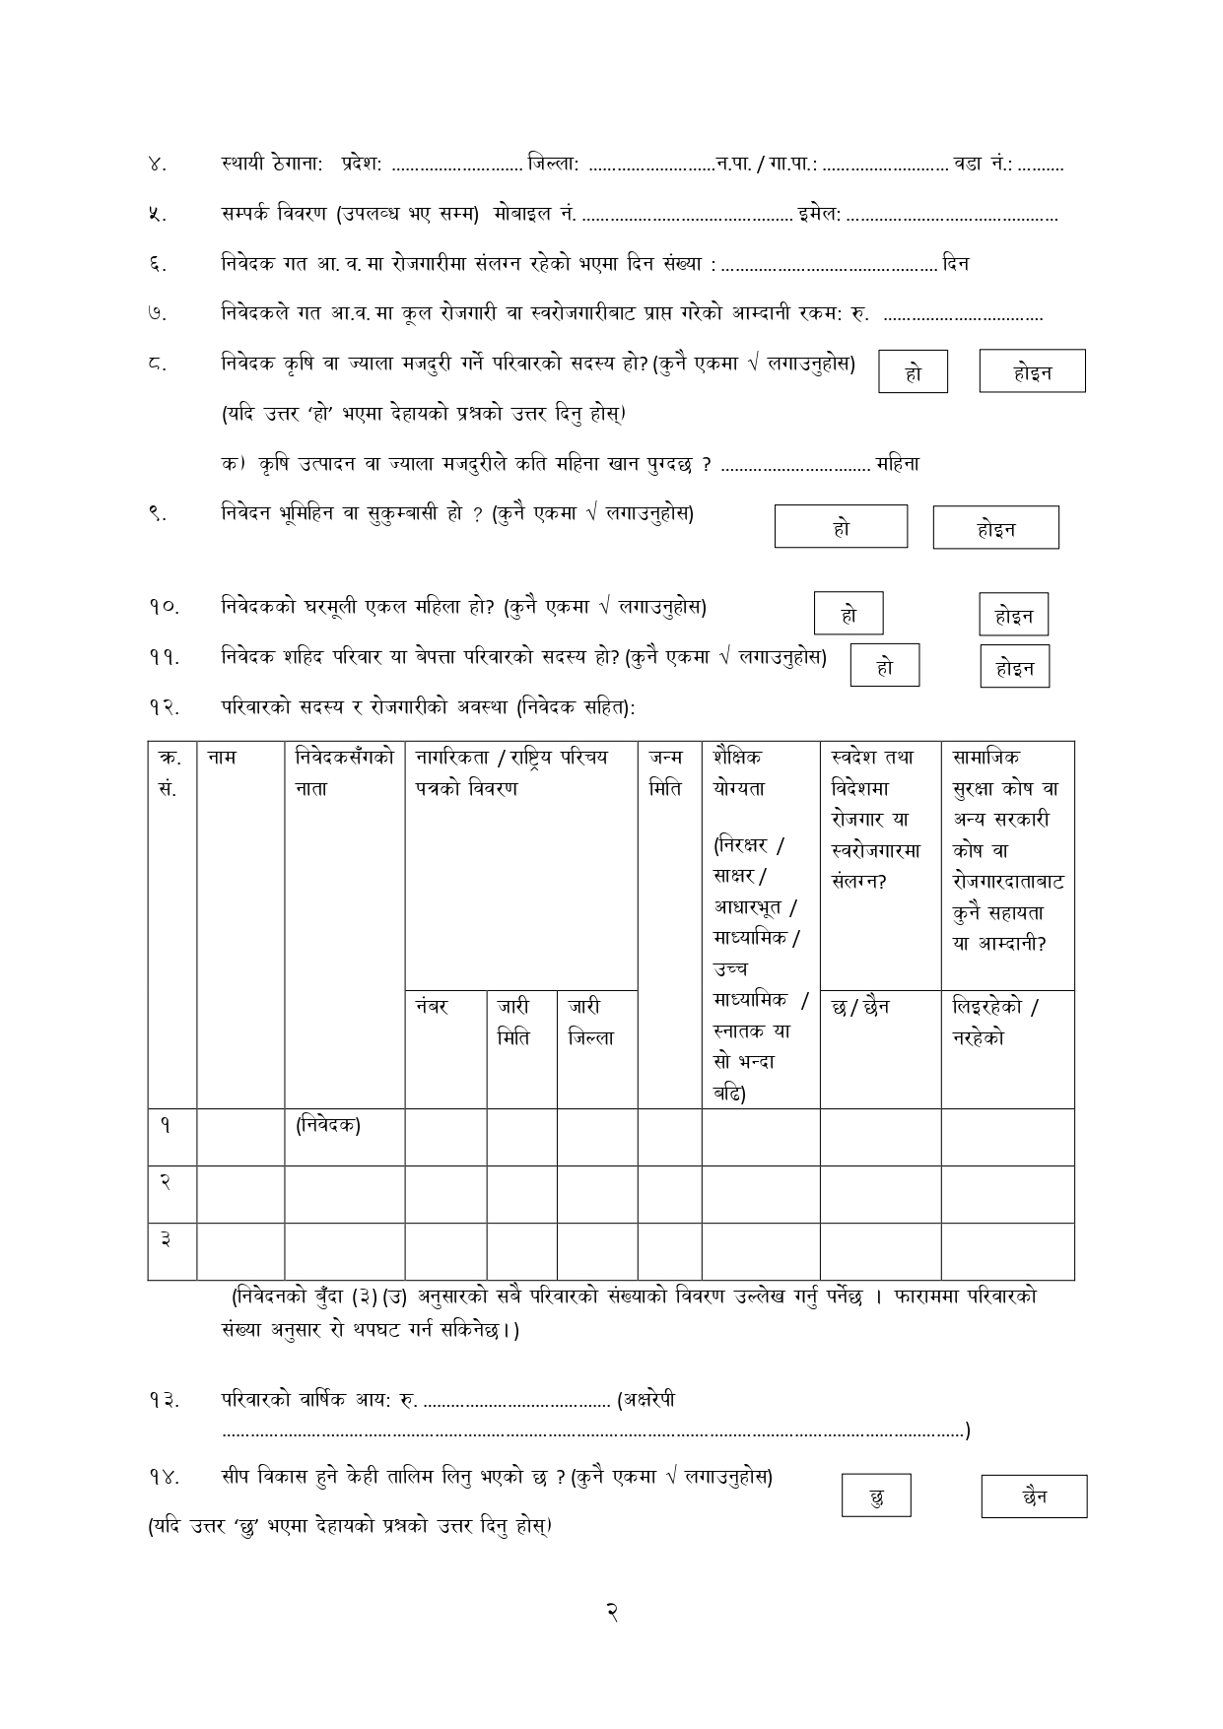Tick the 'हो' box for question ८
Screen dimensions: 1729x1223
[x=913, y=372]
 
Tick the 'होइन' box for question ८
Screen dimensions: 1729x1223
[x=1032, y=371]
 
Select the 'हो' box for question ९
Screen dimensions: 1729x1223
[x=841, y=526]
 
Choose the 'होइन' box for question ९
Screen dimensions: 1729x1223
[x=995, y=528]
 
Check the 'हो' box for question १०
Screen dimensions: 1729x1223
[x=849, y=614]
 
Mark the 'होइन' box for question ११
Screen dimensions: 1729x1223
[x=1014, y=667]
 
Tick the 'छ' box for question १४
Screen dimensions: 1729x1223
[x=876, y=1496]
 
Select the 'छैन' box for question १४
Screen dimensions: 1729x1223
[x=1034, y=1496]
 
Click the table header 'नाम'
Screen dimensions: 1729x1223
[x=223, y=758]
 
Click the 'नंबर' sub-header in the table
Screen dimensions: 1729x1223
[x=433, y=1007]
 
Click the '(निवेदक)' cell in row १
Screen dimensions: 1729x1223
[x=328, y=1125]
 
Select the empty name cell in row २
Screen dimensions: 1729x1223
[x=240, y=1194]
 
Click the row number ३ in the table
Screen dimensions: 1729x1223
[x=166, y=1239]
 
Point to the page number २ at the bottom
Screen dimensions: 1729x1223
[x=611, y=1613]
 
